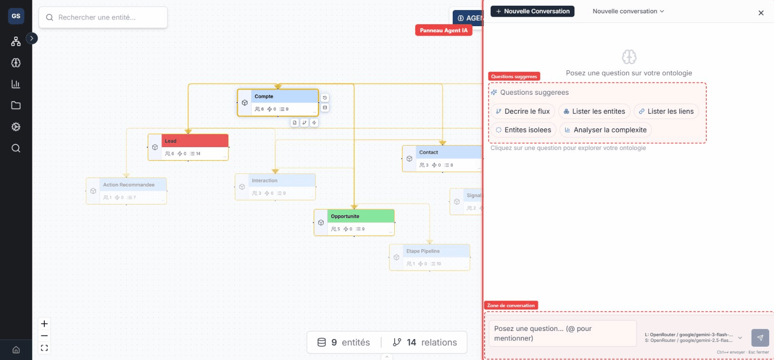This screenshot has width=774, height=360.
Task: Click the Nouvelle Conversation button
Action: (x=532, y=11)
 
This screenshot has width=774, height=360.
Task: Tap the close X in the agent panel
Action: (x=761, y=13)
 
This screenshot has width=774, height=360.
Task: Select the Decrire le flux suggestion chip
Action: (x=523, y=111)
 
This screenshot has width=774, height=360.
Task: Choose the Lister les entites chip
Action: (x=594, y=111)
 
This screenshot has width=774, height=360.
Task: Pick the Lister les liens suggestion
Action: (x=666, y=111)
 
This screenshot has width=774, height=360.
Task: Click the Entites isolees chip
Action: (x=523, y=130)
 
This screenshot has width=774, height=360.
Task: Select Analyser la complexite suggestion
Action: (x=605, y=130)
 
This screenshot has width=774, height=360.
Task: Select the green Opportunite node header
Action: (x=360, y=216)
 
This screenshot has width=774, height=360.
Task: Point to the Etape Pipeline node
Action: (x=429, y=257)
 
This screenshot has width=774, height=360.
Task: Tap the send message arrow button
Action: (x=760, y=338)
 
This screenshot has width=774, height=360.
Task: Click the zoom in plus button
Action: (x=44, y=324)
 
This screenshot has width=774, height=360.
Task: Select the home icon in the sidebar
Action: (x=16, y=350)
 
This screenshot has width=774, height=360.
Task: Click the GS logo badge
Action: (x=16, y=16)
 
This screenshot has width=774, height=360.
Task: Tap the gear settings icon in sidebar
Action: (x=16, y=127)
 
